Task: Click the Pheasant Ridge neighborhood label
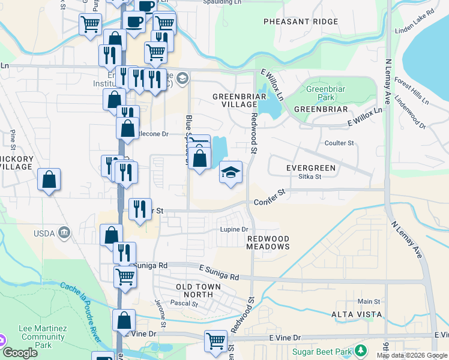(x=301, y=22)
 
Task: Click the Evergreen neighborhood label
(x=310, y=167)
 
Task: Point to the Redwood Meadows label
(x=268, y=242)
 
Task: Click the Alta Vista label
(x=357, y=314)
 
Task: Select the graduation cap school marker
(x=231, y=173)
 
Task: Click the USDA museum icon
(x=64, y=232)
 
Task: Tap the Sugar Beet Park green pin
(x=360, y=350)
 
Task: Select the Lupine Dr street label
(x=235, y=230)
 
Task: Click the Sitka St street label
(x=310, y=177)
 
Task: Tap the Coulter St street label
(x=339, y=143)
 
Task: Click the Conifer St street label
(x=268, y=197)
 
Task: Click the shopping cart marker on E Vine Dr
(x=215, y=341)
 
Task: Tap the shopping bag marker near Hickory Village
(x=49, y=179)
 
